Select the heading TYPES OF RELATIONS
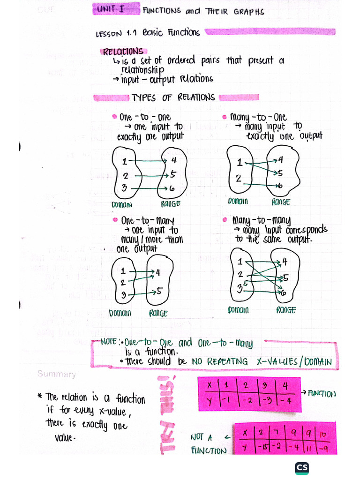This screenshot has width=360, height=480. click(173, 97)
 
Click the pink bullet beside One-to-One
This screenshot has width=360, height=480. click(114, 116)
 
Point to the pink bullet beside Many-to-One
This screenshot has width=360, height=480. click(225, 117)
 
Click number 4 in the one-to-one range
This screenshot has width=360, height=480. click(173, 161)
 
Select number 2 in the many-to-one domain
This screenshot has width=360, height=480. click(239, 179)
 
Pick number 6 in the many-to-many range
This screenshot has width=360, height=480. click(284, 293)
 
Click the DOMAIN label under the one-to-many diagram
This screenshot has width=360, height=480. click(120, 313)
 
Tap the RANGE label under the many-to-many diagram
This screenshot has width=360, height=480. click(286, 310)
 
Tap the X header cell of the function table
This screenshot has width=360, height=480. click(210, 385)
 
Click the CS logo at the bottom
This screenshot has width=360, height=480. click(302, 468)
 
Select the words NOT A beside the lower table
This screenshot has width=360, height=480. click(202, 437)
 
